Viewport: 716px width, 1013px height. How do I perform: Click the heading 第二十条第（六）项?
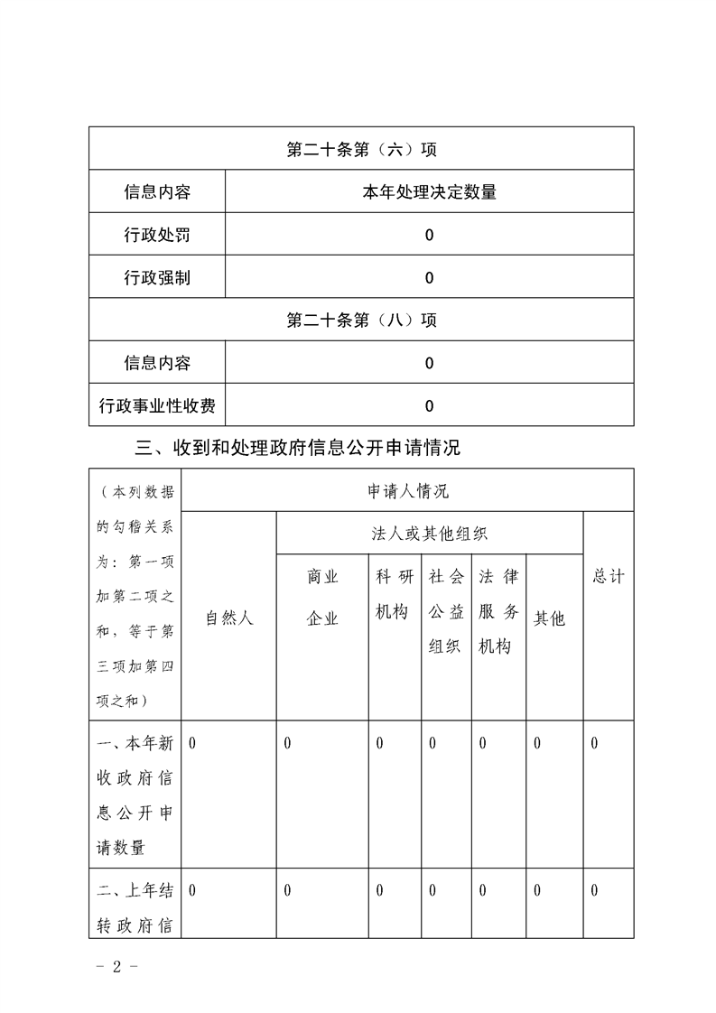(x=361, y=149)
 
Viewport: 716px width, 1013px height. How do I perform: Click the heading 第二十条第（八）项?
(x=361, y=321)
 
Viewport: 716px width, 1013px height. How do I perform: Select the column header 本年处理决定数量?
(x=429, y=192)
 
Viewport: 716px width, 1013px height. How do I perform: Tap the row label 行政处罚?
(x=157, y=236)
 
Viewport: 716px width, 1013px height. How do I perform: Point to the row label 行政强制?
(x=157, y=278)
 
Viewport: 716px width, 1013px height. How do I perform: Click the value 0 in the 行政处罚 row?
(x=429, y=236)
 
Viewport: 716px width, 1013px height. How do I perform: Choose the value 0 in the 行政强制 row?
(x=429, y=278)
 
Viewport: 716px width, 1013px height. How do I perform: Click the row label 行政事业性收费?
(x=157, y=406)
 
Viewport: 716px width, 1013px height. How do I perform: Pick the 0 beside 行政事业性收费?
(x=429, y=406)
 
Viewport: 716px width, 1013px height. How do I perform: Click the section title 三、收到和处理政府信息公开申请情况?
(x=297, y=447)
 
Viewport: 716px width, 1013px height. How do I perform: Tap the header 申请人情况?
(x=407, y=491)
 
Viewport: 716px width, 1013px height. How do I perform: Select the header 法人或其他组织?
(x=430, y=534)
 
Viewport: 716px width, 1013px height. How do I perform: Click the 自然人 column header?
(x=229, y=618)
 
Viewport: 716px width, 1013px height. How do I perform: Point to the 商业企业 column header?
(x=322, y=598)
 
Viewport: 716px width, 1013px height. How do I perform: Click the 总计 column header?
(x=609, y=577)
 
